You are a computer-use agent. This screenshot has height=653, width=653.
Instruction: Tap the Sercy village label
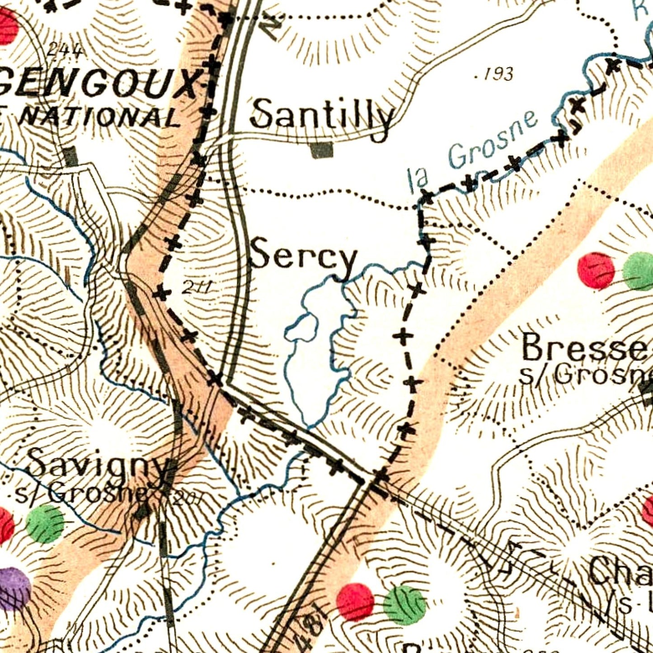pos(304,258)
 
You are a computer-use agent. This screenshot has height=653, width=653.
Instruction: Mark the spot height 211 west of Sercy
pos(197,287)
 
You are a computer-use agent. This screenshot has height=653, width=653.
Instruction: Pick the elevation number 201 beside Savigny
pos(184,499)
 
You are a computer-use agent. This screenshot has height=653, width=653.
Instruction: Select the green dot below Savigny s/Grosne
pos(45,523)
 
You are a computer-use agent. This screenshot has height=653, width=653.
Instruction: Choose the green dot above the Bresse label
pos(639,271)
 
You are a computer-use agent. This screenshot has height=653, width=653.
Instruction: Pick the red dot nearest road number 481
pos(355,602)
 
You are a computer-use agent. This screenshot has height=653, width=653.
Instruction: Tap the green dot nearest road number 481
pos(404,605)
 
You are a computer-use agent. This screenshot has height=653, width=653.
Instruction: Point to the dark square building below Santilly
pos(322,150)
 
